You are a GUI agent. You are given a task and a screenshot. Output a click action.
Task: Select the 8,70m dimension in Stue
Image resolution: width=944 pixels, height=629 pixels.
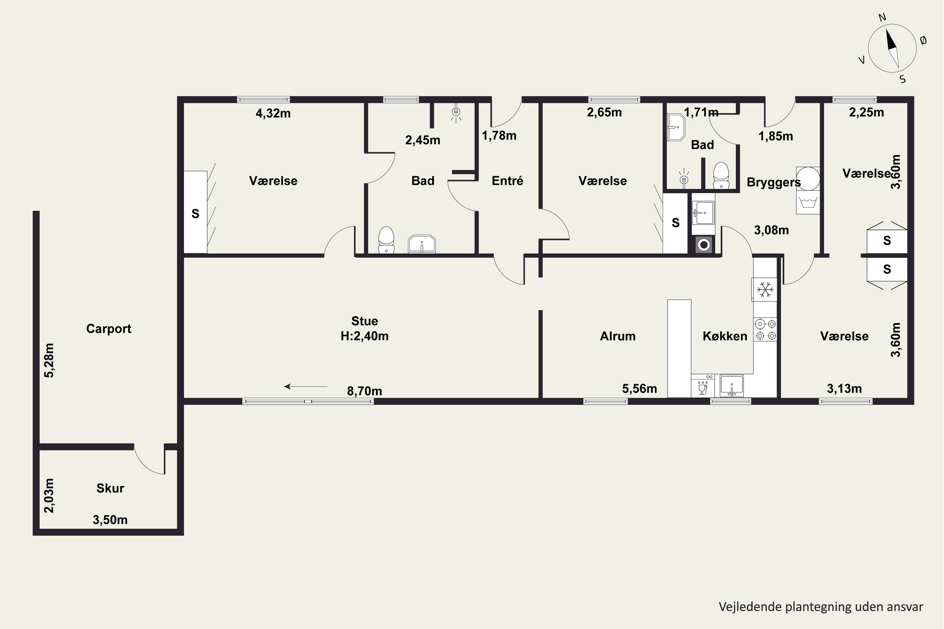pos(364,391)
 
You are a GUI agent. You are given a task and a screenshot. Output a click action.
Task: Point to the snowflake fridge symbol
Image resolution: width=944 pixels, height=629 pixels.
pos(765,289)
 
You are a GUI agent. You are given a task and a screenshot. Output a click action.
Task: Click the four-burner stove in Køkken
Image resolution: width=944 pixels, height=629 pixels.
pos(765,329)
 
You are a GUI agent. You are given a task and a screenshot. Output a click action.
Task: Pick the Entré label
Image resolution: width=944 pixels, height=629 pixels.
pos(507,181)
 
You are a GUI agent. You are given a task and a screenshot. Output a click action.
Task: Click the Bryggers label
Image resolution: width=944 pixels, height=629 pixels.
pos(773,182)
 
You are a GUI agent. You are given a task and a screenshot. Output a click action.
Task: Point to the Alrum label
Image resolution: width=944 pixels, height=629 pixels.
pos(618,336)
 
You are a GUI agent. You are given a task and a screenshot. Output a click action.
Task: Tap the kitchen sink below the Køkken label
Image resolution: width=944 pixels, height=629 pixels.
pos(731,386)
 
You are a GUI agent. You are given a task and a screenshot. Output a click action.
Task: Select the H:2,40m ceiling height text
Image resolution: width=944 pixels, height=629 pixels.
pos(364,336)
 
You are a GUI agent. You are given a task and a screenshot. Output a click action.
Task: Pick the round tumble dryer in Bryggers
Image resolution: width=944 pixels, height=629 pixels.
pos(808,179)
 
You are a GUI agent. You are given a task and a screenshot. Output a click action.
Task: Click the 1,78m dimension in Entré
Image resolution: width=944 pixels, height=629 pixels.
pos(499,136)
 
